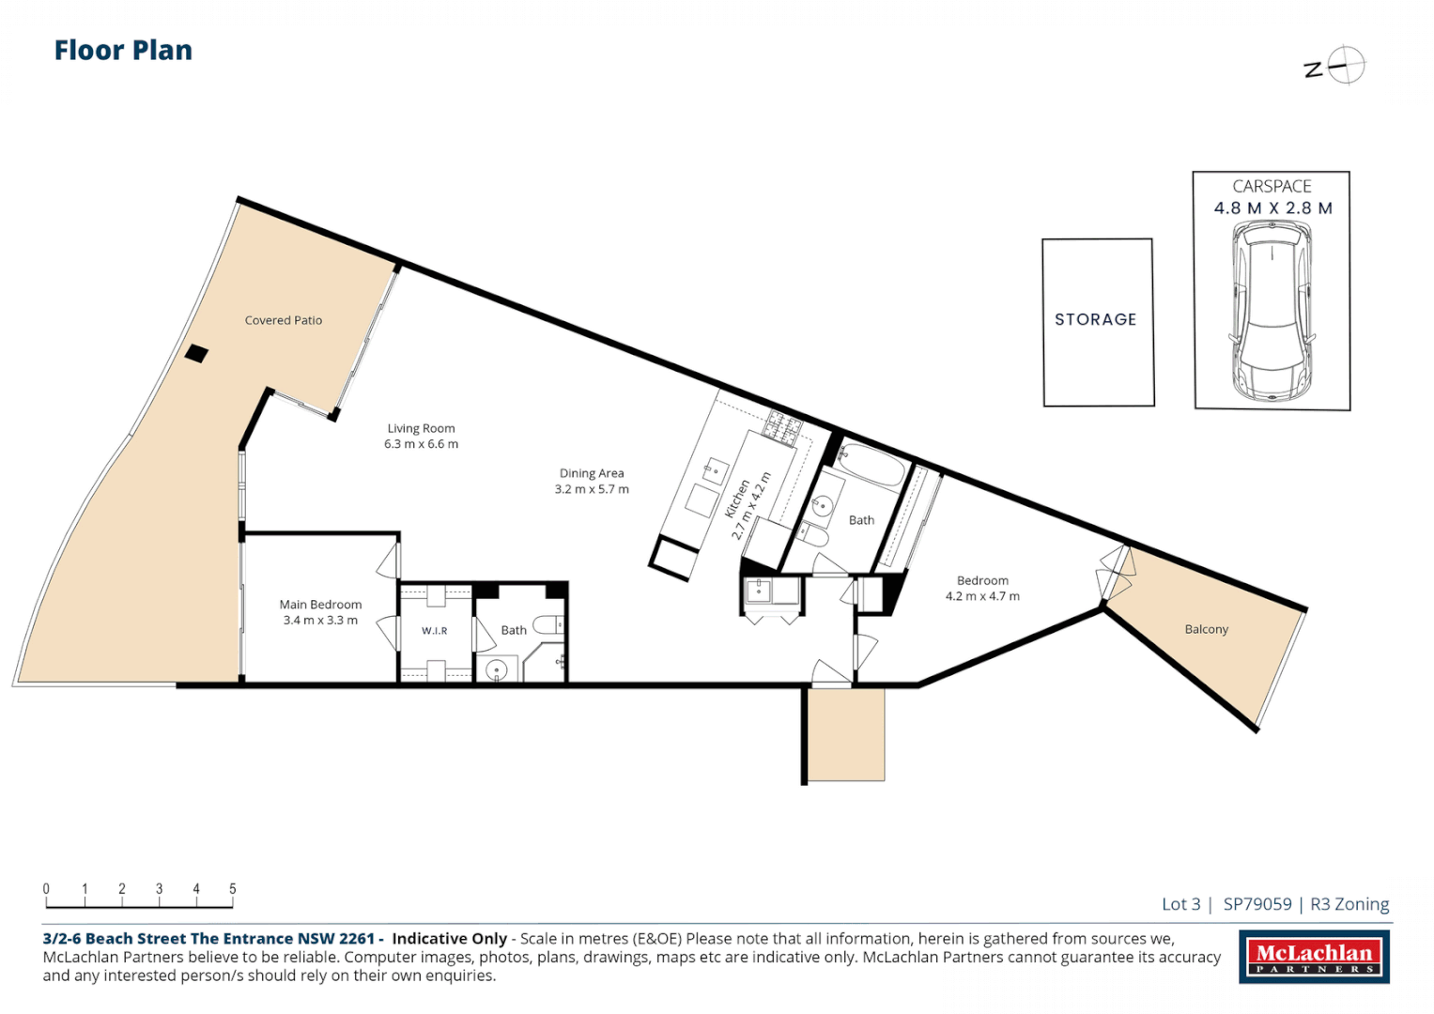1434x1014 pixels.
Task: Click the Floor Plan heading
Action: (x=123, y=51)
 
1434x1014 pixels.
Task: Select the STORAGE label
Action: (x=1095, y=319)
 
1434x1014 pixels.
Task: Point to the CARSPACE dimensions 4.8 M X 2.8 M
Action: (x=1272, y=208)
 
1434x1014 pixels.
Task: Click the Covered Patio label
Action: (x=283, y=320)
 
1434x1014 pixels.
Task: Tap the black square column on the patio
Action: (x=196, y=354)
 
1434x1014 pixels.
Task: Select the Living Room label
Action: (x=421, y=428)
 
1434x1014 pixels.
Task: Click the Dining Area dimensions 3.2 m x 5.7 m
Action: (x=592, y=489)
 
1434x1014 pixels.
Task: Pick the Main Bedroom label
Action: (x=320, y=605)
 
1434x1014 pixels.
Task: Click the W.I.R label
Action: (x=434, y=631)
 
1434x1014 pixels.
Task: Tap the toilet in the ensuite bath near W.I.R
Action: (x=548, y=624)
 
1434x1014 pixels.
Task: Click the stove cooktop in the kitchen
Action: (x=782, y=427)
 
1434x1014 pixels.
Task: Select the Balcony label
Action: (x=1206, y=629)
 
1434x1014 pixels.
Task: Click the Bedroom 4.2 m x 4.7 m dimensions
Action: (x=982, y=596)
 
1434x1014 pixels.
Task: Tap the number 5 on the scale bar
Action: (x=232, y=888)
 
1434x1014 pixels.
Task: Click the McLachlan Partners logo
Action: (x=1313, y=958)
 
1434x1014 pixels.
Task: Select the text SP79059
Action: (x=1257, y=904)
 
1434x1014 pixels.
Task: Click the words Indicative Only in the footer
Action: (x=449, y=939)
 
